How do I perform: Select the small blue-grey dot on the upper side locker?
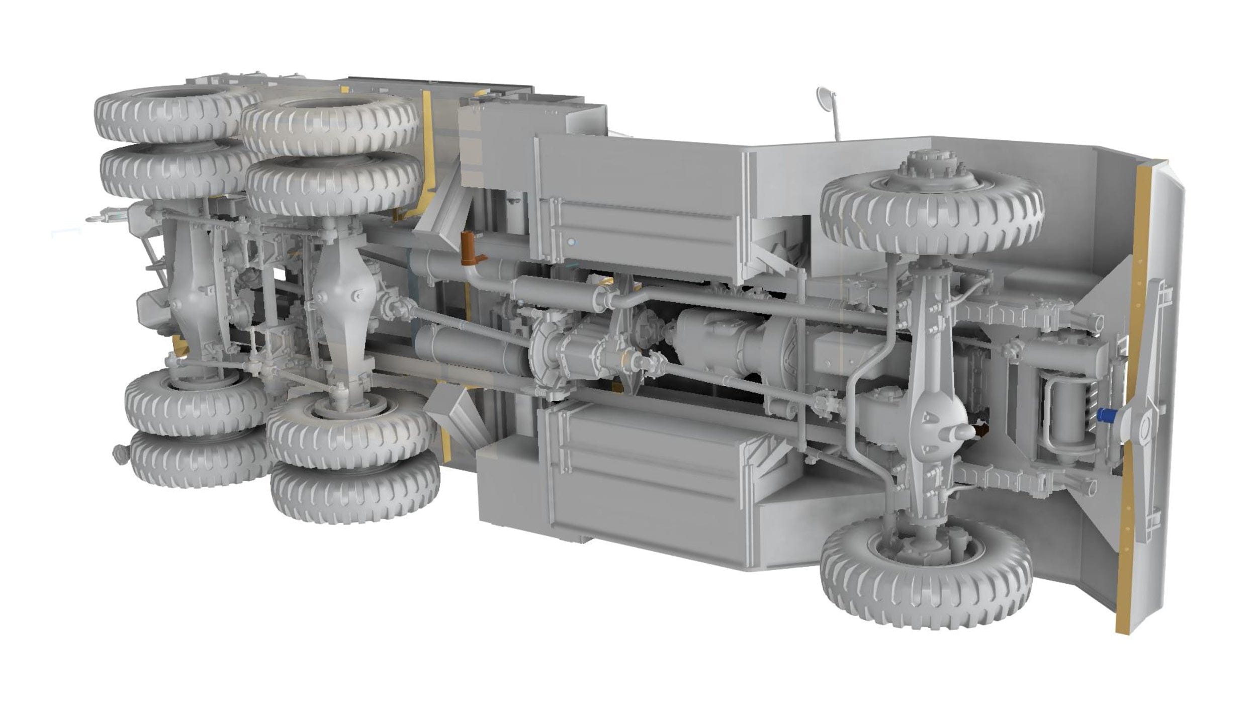571,242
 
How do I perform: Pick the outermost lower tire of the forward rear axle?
354,490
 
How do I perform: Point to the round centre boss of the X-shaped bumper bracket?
1146,429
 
